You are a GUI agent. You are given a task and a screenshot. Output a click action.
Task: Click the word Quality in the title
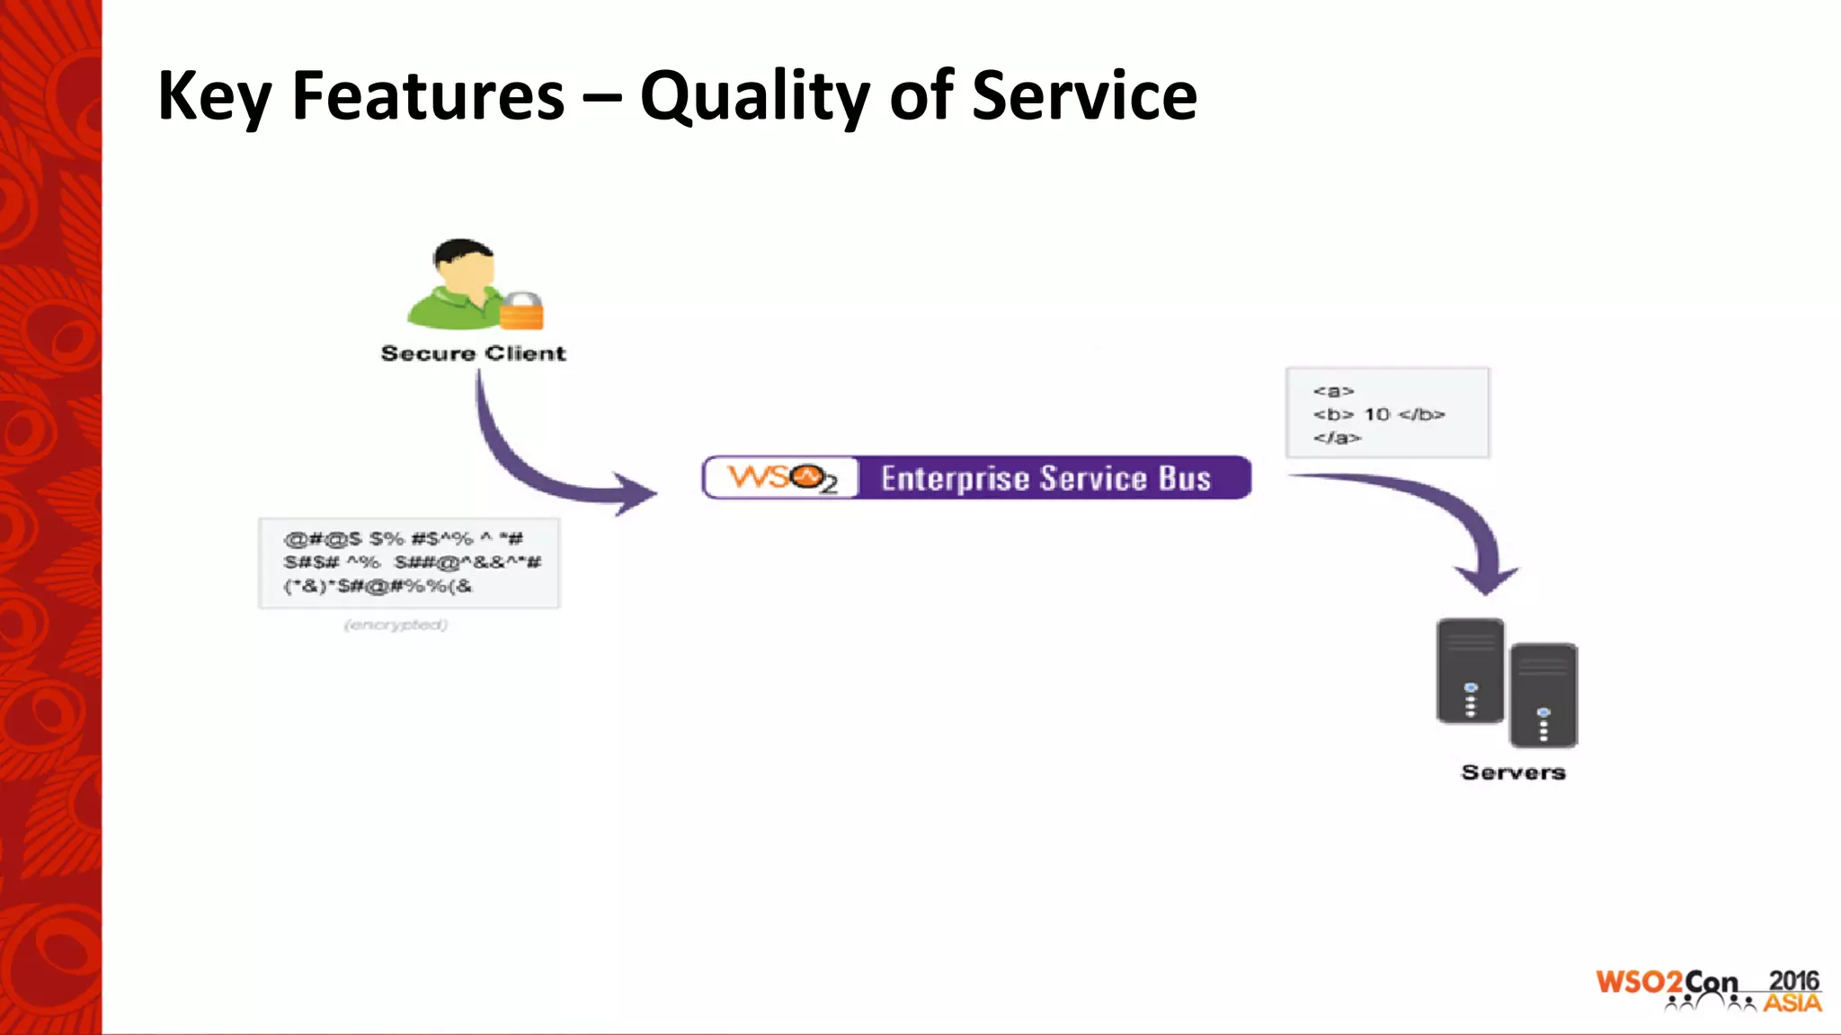tap(753, 97)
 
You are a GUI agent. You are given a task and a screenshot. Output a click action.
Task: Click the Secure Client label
tap(473, 353)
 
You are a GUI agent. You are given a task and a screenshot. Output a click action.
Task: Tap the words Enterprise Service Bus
tap(1045, 478)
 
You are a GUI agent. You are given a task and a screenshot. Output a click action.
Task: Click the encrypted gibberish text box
tap(409, 562)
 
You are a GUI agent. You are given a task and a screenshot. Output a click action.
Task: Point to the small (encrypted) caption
tap(396, 624)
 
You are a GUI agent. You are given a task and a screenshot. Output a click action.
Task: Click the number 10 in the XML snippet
tap(1376, 414)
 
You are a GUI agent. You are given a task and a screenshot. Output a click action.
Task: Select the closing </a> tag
tap(1337, 438)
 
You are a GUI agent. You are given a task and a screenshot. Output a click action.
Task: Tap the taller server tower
tap(1470, 670)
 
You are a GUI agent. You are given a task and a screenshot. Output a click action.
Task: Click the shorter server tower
tap(1543, 695)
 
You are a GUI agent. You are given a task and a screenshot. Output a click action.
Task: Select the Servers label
tap(1513, 773)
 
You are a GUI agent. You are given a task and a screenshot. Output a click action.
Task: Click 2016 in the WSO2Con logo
tap(1792, 980)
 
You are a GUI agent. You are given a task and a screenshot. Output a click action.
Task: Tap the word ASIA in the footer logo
tap(1792, 1003)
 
